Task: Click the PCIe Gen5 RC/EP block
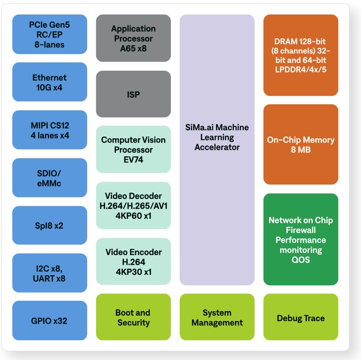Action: (x=50, y=35)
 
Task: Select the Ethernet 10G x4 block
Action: (x=50, y=83)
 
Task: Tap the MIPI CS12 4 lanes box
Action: (x=50, y=130)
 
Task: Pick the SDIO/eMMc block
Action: (x=50, y=178)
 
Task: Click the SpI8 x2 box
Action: (x=50, y=226)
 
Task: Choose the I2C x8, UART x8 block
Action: (x=50, y=273)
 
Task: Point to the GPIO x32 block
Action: (x=50, y=321)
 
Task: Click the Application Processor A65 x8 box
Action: (x=134, y=39)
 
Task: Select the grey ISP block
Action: (x=134, y=94)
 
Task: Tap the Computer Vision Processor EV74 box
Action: (x=134, y=150)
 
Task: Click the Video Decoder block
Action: (x=134, y=205)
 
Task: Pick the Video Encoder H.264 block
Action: (x=134, y=262)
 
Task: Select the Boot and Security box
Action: (x=134, y=317)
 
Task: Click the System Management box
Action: (x=217, y=317)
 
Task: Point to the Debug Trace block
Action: (x=301, y=318)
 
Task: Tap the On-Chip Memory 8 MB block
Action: (x=301, y=145)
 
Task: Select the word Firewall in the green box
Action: (x=301, y=230)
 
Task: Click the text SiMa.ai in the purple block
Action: (x=200, y=128)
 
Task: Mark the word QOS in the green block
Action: (x=301, y=260)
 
